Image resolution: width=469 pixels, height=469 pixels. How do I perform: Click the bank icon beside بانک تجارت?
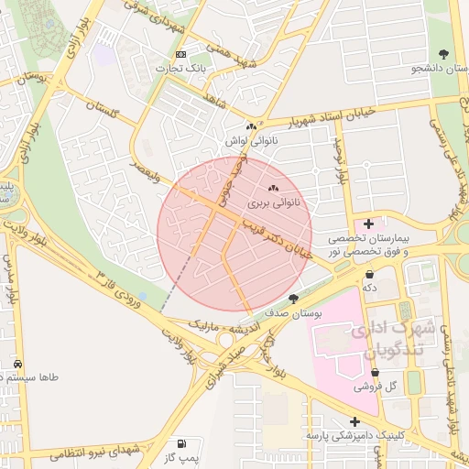click(x=180, y=54)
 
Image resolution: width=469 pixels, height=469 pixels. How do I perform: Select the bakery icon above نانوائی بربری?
click(x=273, y=188)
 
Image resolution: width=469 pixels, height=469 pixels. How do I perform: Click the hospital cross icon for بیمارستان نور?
click(x=369, y=224)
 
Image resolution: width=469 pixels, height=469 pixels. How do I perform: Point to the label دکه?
click(x=371, y=288)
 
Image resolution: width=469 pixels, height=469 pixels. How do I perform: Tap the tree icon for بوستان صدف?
click(x=293, y=299)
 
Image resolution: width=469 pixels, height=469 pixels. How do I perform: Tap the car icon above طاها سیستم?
click(x=19, y=364)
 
